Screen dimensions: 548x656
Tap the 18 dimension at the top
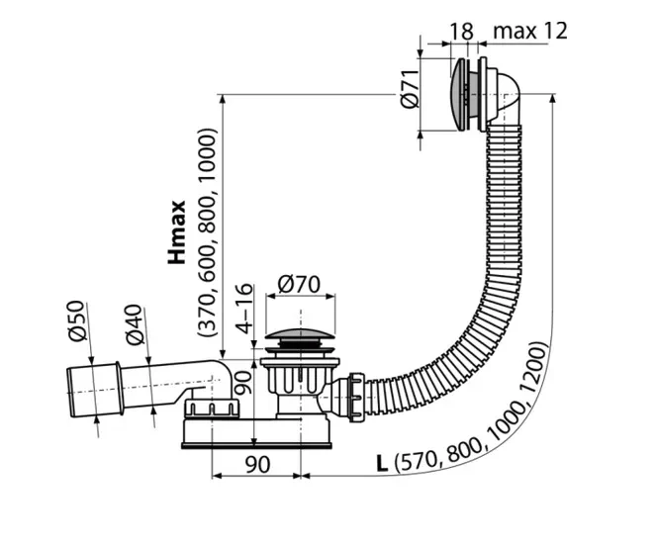point(461,31)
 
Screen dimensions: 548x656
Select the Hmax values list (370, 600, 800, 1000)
point(208,231)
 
